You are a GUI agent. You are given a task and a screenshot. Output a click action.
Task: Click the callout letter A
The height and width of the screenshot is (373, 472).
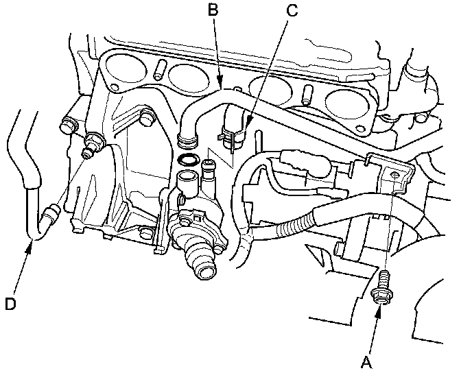[366, 362]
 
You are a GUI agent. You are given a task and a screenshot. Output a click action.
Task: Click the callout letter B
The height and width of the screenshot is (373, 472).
[213, 10]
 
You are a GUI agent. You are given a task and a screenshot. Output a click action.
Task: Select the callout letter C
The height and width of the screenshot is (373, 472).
[292, 10]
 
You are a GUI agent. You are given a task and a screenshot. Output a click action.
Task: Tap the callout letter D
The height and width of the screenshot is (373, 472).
[10, 304]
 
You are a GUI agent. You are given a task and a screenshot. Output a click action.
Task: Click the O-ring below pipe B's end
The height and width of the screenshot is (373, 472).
[187, 160]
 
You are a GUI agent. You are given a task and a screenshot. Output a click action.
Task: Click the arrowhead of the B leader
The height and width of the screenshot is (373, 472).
[220, 82]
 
